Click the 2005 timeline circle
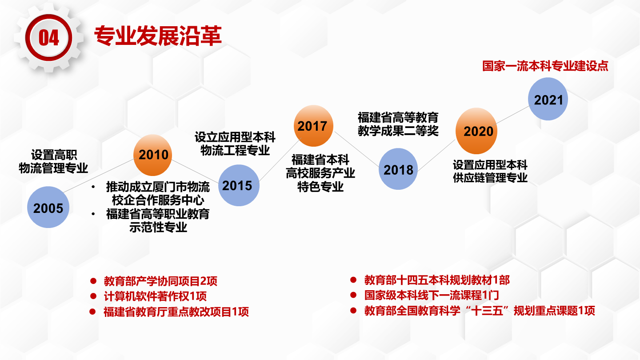point(48,207)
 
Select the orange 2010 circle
point(152,155)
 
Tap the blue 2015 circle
point(239,185)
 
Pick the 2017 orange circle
point(313,126)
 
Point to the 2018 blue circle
point(398,169)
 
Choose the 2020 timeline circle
point(476,131)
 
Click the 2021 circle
point(548,99)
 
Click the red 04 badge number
point(49,38)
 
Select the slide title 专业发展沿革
point(158,36)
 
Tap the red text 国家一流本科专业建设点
point(545,66)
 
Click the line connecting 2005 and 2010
point(99,176)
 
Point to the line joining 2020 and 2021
point(512,115)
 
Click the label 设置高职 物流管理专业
point(53,161)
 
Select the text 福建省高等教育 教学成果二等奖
point(398,124)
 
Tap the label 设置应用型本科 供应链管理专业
point(490,171)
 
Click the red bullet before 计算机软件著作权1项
point(93,296)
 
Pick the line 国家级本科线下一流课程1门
point(432,295)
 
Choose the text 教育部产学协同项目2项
point(160,281)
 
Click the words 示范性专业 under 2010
point(158,228)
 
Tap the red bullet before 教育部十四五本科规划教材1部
point(353,280)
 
